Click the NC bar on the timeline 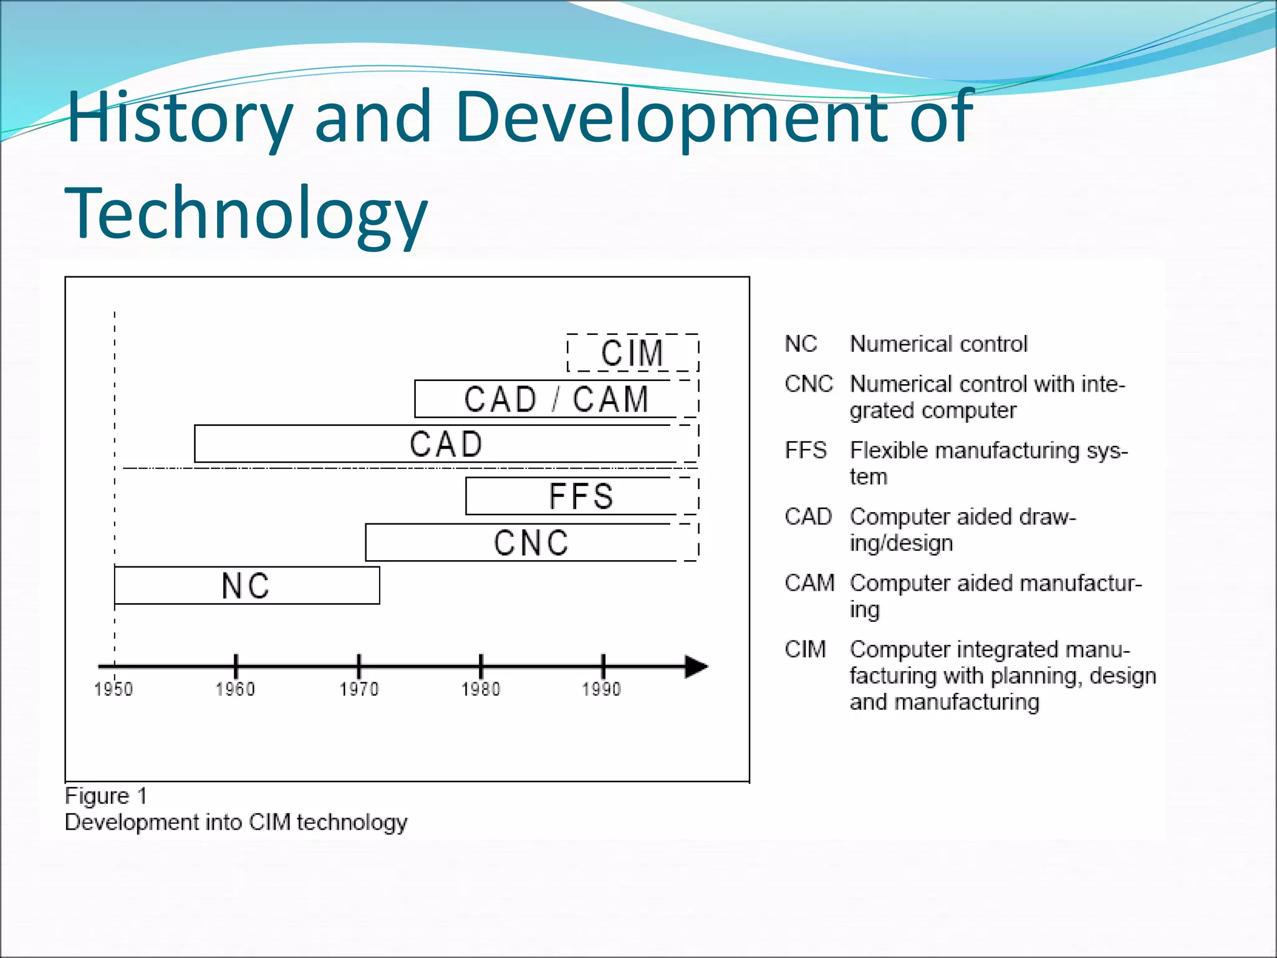coord(246,586)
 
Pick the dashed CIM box coord(632,353)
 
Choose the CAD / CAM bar coord(556,399)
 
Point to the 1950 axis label coord(113,689)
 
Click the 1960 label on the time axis coord(235,689)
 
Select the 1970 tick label coord(359,689)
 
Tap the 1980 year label coord(481,689)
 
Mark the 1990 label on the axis coord(602,689)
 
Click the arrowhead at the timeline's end coord(696,667)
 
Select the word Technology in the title coord(246,214)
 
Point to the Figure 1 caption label coord(106,796)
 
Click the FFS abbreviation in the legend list coord(806,450)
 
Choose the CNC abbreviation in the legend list coord(809,384)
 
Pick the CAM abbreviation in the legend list coord(809,583)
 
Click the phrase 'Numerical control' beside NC coord(938,344)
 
